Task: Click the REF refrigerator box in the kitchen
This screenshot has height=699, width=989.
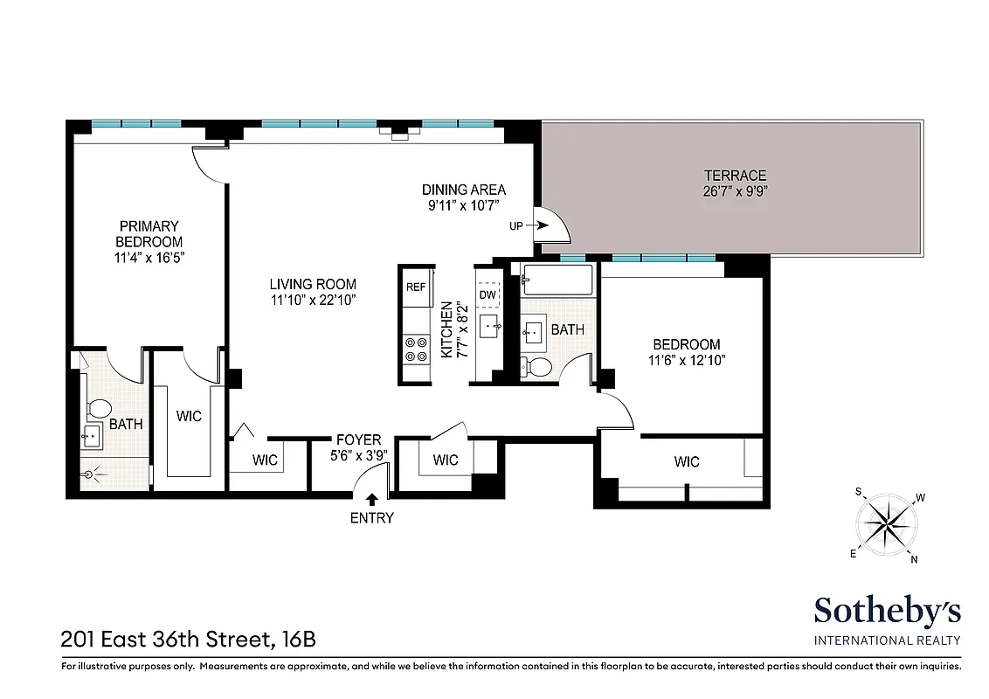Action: click(x=416, y=287)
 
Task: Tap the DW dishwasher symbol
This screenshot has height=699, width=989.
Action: click(x=488, y=294)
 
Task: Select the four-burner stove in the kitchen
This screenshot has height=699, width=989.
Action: click(x=416, y=349)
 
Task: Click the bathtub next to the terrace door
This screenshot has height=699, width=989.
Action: click(x=557, y=280)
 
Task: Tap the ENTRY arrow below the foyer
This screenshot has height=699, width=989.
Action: click(x=372, y=500)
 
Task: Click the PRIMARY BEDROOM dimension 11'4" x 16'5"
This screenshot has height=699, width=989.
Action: click(x=149, y=257)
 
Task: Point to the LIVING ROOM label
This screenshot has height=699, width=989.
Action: click(x=312, y=284)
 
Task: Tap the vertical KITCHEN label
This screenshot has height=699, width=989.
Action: click(x=446, y=330)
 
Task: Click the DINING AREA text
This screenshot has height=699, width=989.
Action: click(x=463, y=190)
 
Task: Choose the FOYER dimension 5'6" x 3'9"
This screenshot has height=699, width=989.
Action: click(x=359, y=454)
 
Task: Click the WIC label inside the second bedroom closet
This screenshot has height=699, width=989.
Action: click(x=687, y=461)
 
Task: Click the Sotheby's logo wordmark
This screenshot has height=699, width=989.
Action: click(x=888, y=610)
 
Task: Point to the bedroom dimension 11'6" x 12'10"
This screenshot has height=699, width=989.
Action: click(x=686, y=359)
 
